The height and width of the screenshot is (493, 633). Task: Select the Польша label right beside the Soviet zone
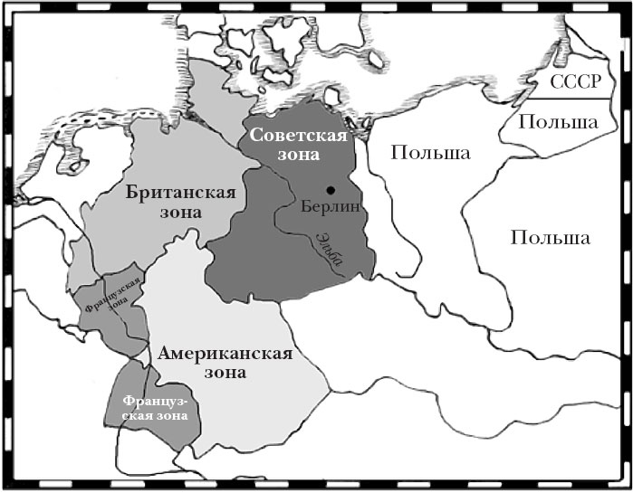430,152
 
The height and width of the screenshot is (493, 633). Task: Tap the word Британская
187,192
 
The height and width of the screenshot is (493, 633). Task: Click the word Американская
225,353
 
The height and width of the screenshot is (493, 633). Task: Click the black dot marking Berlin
331,189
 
